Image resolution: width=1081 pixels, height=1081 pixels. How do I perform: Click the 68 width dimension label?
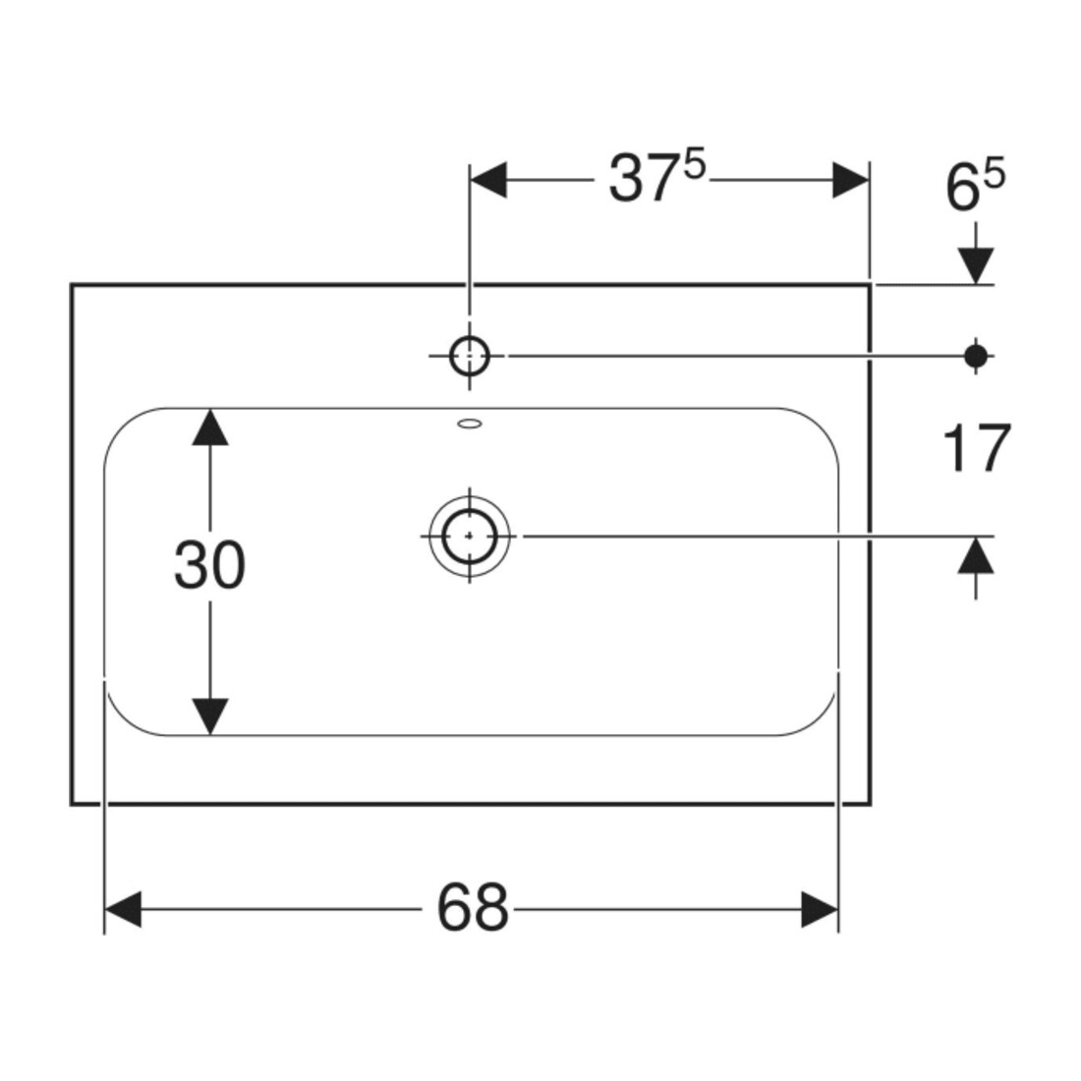(473, 907)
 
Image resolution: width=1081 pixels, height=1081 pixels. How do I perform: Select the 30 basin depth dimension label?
(209, 565)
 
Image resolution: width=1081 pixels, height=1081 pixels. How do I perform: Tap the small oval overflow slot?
(470, 424)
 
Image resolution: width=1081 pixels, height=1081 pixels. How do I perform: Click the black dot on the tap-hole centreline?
(976, 357)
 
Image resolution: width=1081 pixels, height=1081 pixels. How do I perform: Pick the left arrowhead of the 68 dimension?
(122, 909)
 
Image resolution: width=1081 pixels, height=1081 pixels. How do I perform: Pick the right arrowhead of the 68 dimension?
(820, 909)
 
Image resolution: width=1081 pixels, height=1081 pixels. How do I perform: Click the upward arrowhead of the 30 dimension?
(210, 427)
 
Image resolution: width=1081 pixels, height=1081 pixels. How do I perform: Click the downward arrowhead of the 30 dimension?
(210, 716)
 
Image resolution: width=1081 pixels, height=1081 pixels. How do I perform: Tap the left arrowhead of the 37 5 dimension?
(488, 180)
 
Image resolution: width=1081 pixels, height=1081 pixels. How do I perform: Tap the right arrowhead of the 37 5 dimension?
(851, 180)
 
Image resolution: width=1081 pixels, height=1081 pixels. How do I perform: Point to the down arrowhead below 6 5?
(976, 265)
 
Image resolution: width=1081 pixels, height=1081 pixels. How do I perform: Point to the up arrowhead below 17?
(976, 555)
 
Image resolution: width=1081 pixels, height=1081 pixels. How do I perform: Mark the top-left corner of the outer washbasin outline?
(72, 284)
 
